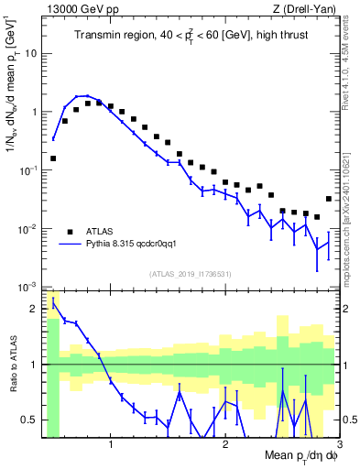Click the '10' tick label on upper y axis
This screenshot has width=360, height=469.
(30, 53)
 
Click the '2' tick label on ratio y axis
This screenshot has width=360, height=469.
(34, 308)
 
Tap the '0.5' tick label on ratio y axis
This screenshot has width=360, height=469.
(29, 420)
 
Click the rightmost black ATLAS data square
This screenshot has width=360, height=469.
(329, 199)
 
